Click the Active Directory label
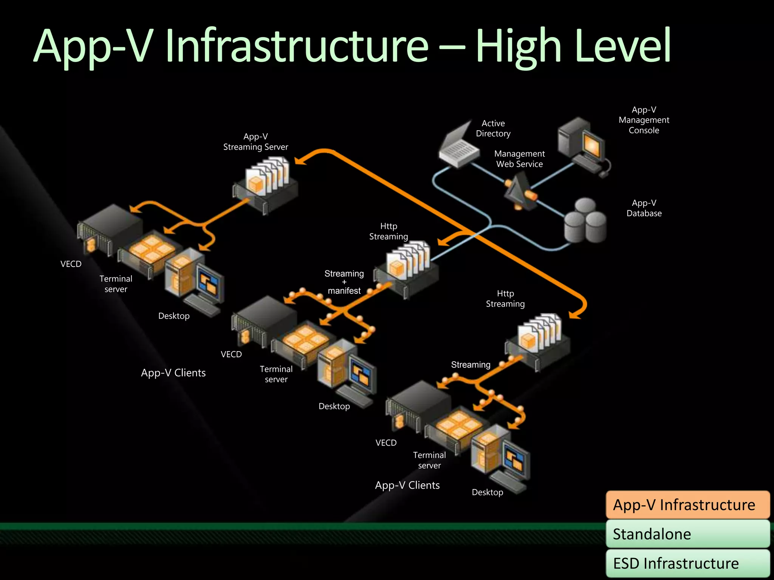click(493, 128)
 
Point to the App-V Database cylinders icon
click(585, 221)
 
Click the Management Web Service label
click(519, 159)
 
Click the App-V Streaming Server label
click(255, 142)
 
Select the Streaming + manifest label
click(344, 282)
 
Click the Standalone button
click(687, 534)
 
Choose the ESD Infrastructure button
click(687, 563)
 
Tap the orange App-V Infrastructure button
click(687, 505)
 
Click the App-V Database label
click(644, 208)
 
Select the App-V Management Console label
click(644, 120)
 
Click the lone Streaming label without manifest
click(471, 365)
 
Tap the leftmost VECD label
click(71, 264)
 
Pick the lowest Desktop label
click(488, 492)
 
